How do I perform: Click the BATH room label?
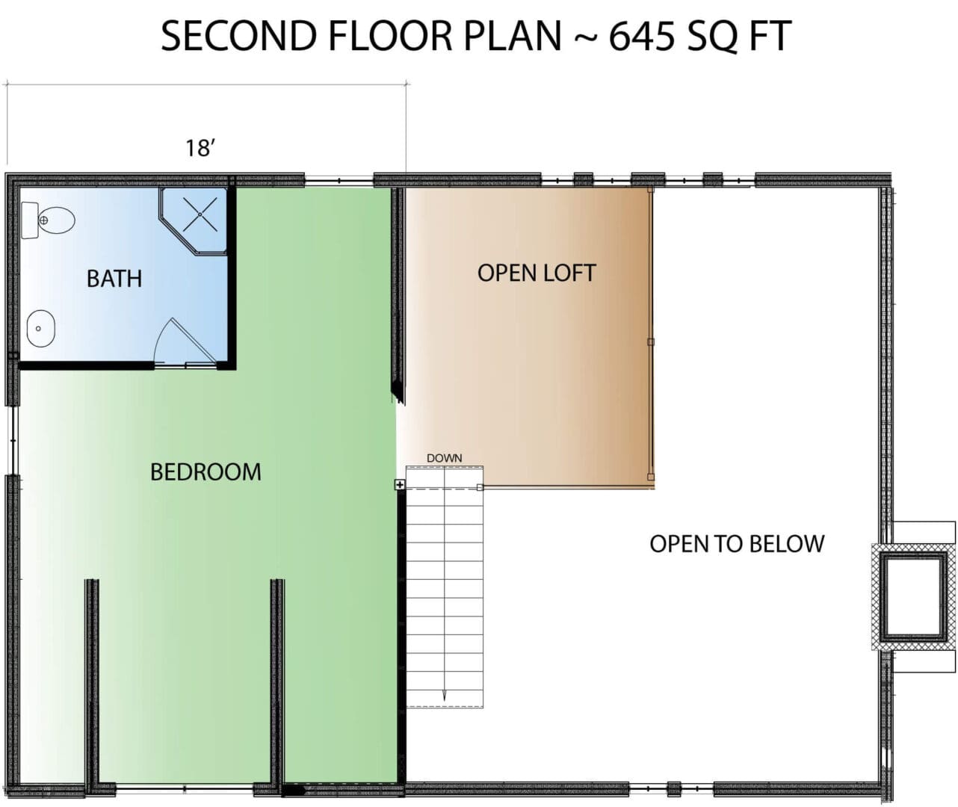[x=114, y=279]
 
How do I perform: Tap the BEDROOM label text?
[x=205, y=472]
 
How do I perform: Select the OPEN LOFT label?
[x=537, y=273]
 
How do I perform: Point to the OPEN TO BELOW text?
[x=737, y=544]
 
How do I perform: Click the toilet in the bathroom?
[x=48, y=220]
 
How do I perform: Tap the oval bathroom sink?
[x=41, y=328]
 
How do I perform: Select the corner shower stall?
[x=194, y=221]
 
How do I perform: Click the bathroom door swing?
[x=184, y=341]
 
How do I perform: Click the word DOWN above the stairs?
[x=444, y=458]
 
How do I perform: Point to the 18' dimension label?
[x=200, y=148]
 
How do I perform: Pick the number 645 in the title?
[x=642, y=36]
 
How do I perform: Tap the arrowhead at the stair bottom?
[x=444, y=696]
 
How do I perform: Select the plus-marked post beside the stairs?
[x=400, y=484]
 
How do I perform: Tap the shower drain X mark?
[x=200, y=214]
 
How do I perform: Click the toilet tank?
[x=30, y=220]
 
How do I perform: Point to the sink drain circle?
[x=39, y=329]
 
